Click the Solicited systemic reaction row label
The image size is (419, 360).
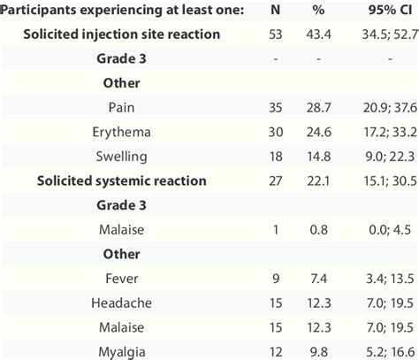121,181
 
